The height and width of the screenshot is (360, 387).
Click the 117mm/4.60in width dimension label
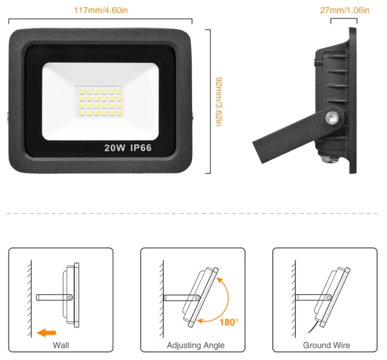point(100,10)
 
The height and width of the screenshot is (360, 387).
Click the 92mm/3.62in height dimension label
point(218,102)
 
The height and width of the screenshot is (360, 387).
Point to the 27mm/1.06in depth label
point(344,10)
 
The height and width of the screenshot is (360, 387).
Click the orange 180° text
point(228,322)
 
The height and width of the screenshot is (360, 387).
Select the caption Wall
point(61,345)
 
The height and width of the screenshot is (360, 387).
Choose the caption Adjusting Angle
point(196,345)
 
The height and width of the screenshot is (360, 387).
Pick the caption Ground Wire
point(327,345)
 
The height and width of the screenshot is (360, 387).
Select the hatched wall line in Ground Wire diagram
point(294,298)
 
